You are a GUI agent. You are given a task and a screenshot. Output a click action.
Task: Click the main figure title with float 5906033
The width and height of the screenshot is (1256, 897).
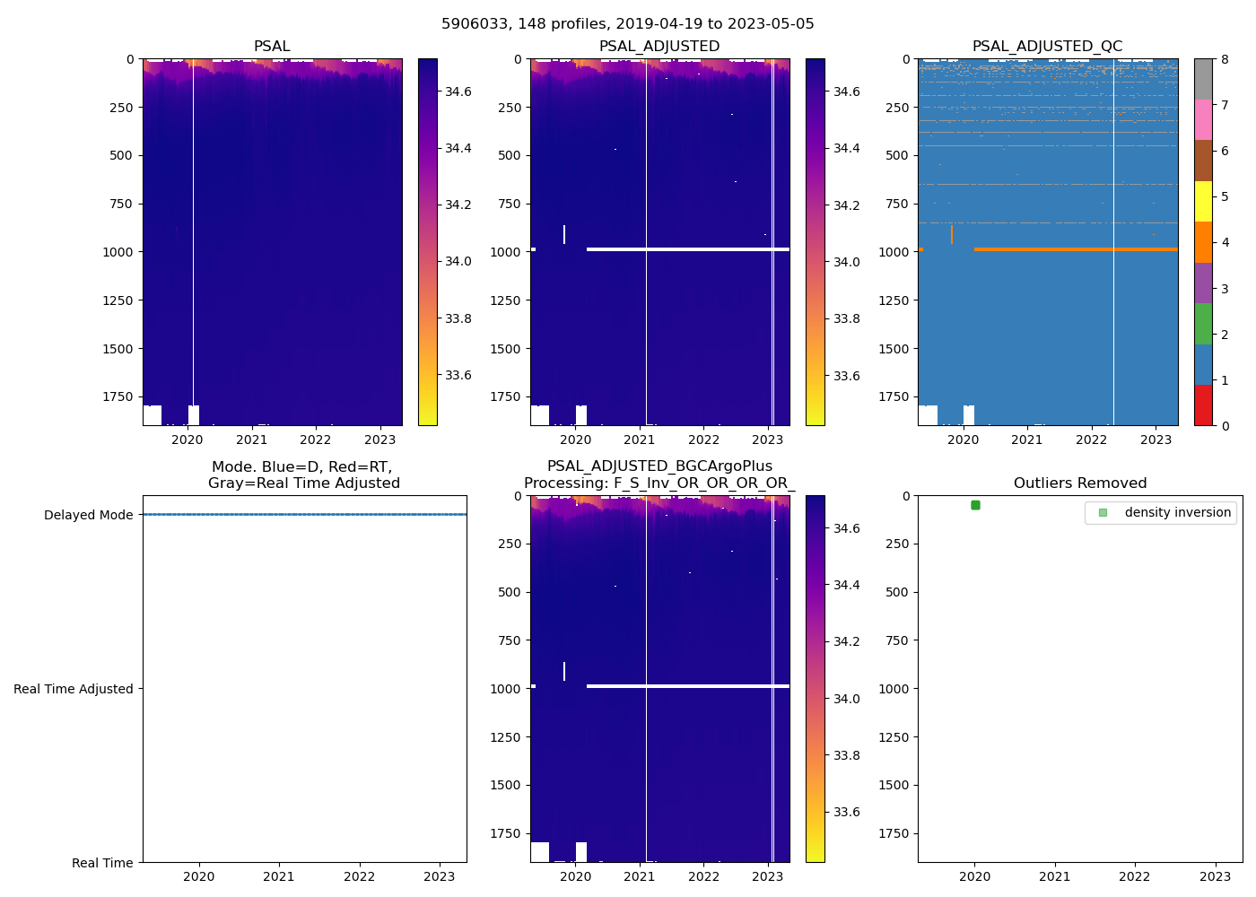click(627, 24)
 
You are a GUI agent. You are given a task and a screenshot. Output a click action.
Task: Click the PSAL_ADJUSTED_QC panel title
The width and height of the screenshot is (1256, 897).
click(1047, 47)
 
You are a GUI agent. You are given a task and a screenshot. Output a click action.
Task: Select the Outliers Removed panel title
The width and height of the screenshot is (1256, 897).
click(1079, 483)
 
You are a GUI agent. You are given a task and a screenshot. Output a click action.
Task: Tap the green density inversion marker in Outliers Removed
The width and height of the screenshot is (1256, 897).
click(975, 505)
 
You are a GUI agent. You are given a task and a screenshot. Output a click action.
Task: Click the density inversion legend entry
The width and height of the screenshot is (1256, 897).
click(1177, 512)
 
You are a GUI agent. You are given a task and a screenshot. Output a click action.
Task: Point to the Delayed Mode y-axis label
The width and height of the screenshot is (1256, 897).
click(88, 515)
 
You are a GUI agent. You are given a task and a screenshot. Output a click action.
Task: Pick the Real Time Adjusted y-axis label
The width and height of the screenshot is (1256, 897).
click(73, 689)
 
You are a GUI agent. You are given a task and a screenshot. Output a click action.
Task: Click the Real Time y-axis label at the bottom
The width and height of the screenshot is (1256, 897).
click(102, 863)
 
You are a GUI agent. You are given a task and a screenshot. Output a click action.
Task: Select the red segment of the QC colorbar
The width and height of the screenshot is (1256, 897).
click(1203, 405)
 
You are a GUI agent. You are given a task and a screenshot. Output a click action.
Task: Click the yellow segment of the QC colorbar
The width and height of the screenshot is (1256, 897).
click(1203, 201)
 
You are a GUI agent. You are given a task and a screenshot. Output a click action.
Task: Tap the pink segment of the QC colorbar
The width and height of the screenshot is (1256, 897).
click(1203, 119)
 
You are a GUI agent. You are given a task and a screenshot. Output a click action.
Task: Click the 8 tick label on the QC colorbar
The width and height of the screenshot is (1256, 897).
click(1225, 59)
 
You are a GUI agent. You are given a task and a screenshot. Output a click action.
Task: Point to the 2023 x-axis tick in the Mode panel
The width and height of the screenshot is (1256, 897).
click(440, 876)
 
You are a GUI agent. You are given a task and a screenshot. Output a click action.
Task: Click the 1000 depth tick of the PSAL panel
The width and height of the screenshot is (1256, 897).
click(118, 252)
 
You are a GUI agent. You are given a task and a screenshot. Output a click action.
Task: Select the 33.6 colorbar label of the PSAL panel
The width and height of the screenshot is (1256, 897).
click(459, 375)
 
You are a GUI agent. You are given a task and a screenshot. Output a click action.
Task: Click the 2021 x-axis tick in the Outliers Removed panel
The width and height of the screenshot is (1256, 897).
click(1055, 876)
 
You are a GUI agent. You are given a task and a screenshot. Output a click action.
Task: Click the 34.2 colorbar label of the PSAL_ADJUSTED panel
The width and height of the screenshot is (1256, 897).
click(847, 205)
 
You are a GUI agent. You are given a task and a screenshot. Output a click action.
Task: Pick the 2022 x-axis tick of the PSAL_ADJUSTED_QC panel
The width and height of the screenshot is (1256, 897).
click(1091, 440)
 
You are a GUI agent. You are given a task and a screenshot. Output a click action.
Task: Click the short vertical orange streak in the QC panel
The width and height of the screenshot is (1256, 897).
click(951, 234)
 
